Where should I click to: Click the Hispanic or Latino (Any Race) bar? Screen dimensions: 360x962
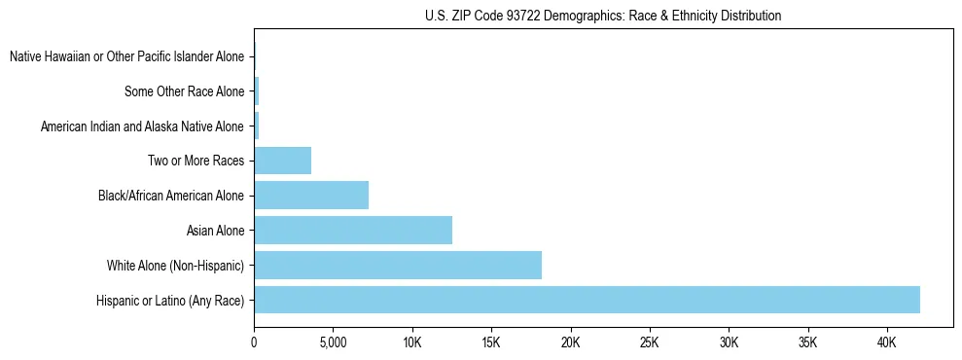pos(587,300)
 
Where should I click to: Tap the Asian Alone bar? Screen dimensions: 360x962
pos(353,231)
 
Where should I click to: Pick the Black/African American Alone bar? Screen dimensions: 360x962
pos(311,196)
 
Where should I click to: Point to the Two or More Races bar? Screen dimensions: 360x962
pos(283,161)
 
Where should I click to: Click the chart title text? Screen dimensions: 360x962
pos(603,16)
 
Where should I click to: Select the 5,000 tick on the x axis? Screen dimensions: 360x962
pos(333,343)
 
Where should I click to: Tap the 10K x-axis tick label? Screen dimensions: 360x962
pos(412,343)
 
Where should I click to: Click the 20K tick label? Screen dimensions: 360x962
pos(570,343)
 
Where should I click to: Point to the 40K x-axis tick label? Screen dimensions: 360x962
pos(886,343)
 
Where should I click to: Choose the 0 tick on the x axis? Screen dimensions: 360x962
pos(254,343)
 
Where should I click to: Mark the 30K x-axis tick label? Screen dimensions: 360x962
pos(729,343)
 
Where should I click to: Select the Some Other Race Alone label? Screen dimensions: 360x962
pos(184,92)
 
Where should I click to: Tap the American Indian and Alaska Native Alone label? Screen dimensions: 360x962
pos(142,126)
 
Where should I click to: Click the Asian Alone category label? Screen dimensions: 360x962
pos(215,231)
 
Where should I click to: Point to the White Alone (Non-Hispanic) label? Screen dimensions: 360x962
pos(175,266)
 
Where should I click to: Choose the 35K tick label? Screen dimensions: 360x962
pos(807,343)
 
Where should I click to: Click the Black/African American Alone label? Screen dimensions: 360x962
pos(170,197)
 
